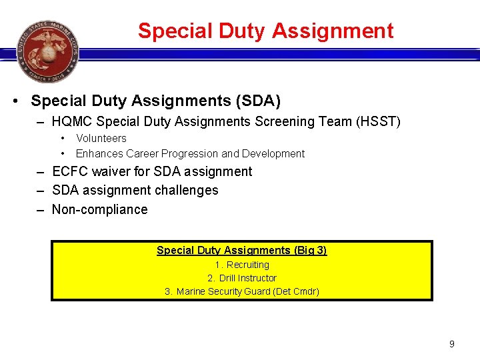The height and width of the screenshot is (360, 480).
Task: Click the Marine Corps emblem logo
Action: (x=47, y=51)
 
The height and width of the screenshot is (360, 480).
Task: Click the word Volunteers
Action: (x=101, y=139)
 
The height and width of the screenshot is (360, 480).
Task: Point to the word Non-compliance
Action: (x=100, y=209)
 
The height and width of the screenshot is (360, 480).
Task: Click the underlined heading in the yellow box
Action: (x=241, y=251)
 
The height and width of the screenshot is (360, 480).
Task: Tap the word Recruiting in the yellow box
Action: (x=247, y=265)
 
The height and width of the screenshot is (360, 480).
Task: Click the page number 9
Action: (x=452, y=344)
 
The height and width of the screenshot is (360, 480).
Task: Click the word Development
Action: (x=273, y=153)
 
